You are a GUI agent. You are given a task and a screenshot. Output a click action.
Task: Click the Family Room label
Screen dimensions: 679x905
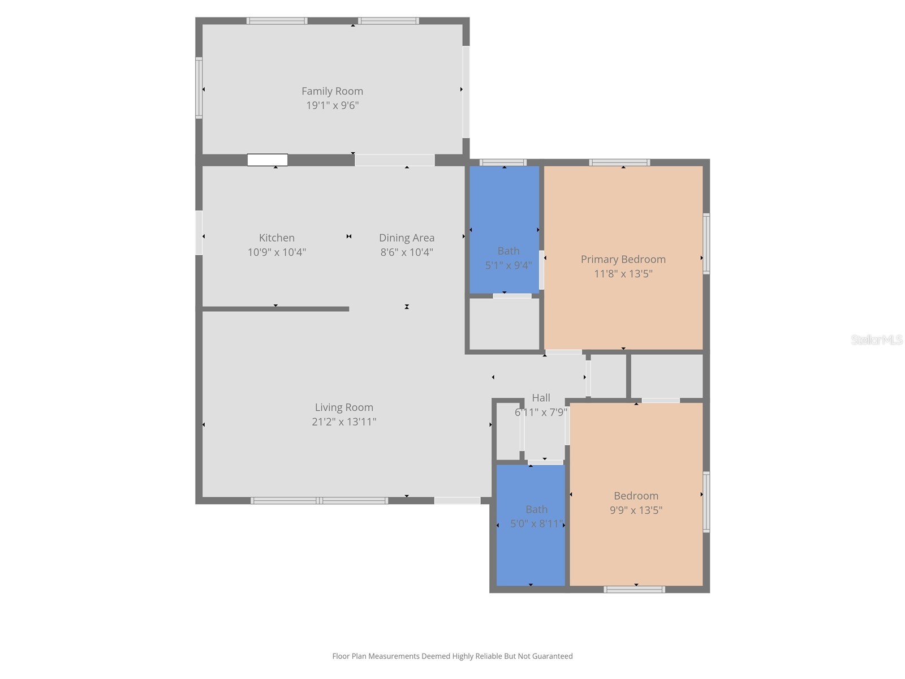[332, 91]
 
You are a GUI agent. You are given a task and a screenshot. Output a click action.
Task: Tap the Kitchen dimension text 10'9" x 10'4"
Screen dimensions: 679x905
[277, 252]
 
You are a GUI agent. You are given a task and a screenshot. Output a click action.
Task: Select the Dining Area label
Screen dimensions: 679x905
[407, 238]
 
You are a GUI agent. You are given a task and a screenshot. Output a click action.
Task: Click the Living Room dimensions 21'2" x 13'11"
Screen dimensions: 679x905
[344, 422]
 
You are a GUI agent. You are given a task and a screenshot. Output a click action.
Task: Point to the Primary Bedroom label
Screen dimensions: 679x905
[623, 259]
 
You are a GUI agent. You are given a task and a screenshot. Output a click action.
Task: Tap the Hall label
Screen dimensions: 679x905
[541, 398]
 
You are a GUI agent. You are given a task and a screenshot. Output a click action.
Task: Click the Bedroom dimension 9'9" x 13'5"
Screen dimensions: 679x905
[636, 510]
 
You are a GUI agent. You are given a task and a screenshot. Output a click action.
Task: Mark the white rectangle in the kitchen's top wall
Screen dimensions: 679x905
[268, 160]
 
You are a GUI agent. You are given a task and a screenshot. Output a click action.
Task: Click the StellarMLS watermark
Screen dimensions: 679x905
[876, 339]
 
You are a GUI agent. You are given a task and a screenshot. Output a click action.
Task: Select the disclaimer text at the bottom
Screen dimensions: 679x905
[452, 656]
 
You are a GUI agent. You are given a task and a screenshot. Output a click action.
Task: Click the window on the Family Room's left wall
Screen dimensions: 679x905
[199, 88]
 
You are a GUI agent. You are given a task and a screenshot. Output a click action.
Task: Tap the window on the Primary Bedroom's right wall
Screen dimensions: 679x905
[706, 243]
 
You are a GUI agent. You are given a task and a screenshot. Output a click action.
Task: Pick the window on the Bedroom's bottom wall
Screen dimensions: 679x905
[634, 590]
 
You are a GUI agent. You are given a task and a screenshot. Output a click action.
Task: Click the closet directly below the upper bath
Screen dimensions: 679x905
[505, 324]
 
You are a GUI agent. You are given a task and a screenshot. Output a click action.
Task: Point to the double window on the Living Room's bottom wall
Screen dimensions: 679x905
[320, 501]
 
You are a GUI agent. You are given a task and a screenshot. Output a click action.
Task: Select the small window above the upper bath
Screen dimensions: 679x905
[503, 162]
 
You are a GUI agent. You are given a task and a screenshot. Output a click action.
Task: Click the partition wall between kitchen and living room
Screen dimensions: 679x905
[275, 309]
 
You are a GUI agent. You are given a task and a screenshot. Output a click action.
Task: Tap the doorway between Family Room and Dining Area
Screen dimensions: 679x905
[394, 160]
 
